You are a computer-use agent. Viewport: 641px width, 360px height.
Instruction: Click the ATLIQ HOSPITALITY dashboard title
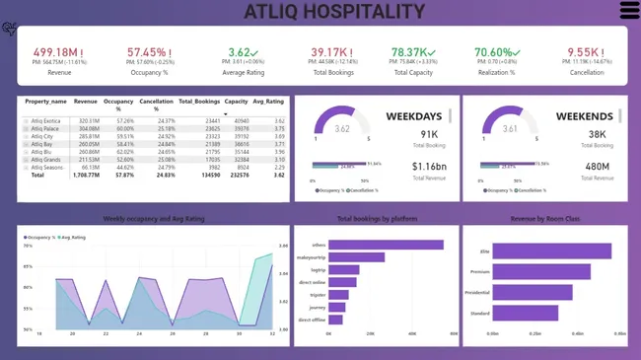click(334, 12)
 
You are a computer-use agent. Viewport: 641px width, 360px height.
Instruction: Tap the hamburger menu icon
click(628, 11)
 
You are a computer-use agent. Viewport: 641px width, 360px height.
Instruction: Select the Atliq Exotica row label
click(46, 121)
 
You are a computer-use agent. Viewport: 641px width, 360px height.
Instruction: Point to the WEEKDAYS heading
click(413, 116)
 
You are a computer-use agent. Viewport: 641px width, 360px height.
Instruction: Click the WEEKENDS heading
click(584, 116)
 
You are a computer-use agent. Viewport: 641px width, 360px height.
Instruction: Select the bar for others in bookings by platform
click(385, 245)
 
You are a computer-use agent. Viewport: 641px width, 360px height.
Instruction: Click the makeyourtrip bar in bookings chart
click(356, 257)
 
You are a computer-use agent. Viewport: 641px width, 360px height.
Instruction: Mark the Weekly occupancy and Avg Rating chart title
click(154, 219)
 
